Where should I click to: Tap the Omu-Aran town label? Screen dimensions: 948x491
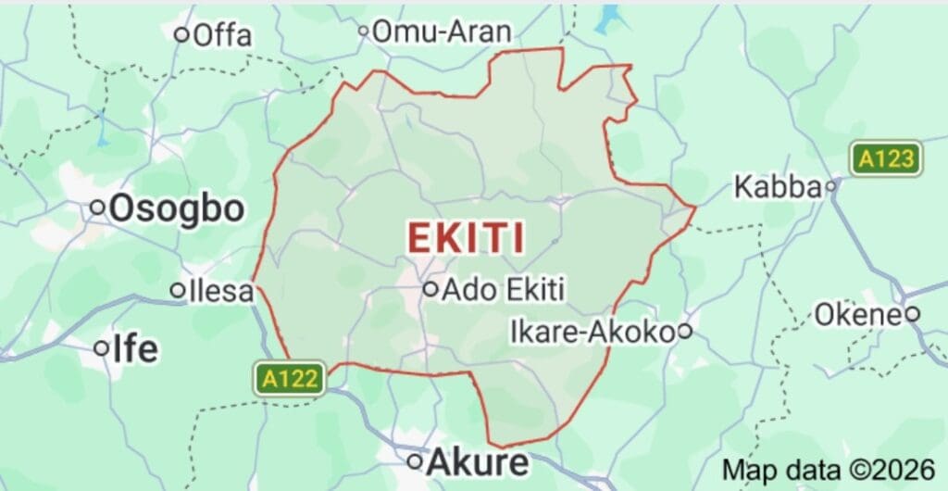coord(442,32)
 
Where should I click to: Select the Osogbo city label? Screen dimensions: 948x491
coord(177,209)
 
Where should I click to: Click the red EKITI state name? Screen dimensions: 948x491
coord(467,239)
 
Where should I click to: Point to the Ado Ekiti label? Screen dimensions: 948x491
coord(504,289)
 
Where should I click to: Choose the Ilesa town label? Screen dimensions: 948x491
coord(220,291)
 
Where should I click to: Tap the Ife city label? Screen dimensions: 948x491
coord(135,349)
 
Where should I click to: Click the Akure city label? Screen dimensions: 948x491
coord(478,461)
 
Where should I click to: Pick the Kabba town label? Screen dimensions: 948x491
coord(778,187)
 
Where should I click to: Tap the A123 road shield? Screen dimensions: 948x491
coord(887,159)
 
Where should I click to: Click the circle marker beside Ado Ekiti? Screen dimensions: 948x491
coord(430,289)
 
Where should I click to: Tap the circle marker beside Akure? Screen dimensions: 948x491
coord(416,461)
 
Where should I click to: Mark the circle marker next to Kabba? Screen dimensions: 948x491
coord(831,187)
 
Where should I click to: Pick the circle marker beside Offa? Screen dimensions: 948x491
coord(182,35)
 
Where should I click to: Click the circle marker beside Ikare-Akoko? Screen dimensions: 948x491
coord(684,331)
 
